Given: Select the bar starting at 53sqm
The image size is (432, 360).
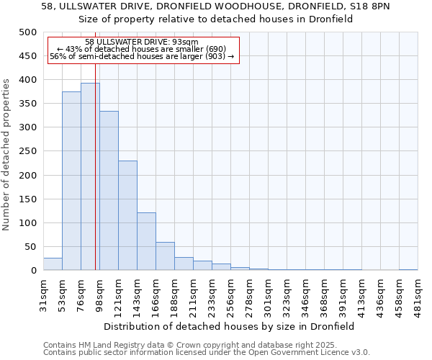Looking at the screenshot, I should pos(71,181).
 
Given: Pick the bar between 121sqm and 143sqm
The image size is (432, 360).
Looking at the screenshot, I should pos(127,215).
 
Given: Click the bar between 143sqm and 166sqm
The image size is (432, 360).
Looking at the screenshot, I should pos(146,241).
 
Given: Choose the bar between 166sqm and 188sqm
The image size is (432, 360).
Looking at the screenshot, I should pos(165,256).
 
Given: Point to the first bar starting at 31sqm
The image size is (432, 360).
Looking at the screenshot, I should pos(53,264).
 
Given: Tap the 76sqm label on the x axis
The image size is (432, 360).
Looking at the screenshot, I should pos(81,294).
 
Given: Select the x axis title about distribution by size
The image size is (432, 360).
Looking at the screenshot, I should pos(229,326).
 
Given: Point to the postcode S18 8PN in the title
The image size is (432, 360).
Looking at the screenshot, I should pos(372,6).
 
